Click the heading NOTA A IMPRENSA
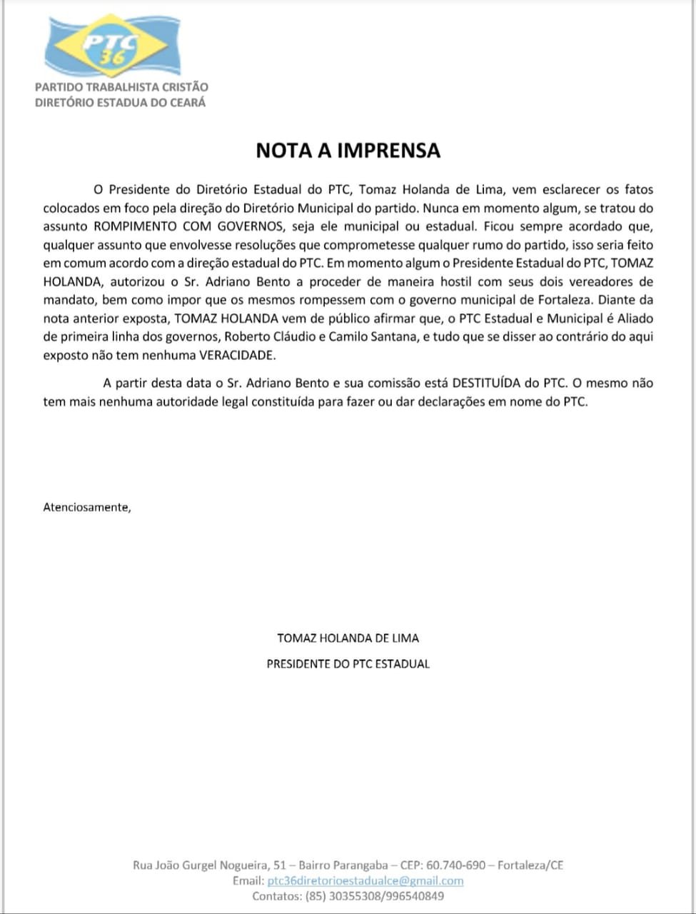[348, 151]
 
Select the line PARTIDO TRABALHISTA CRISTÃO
[121, 87]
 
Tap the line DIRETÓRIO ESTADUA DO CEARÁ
[120, 102]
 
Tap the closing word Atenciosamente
[87, 508]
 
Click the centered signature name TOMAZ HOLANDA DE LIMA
[348, 638]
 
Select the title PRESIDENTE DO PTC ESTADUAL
[348, 663]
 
